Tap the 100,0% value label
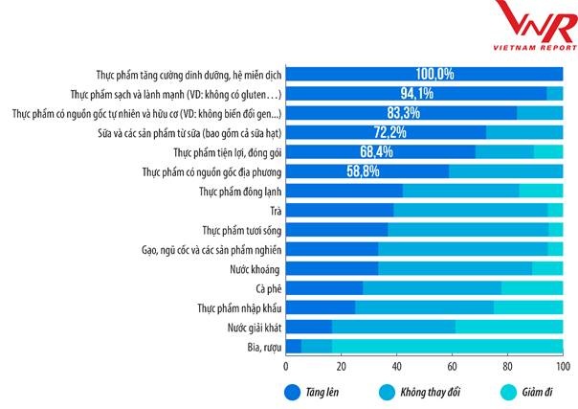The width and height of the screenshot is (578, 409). pyautogui.click(x=434, y=74)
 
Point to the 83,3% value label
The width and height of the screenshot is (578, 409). pyautogui.click(x=393, y=113)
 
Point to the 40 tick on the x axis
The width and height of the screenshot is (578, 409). pyautogui.click(x=397, y=366)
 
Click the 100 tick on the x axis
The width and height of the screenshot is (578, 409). pyautogui.click(x=563, y=366)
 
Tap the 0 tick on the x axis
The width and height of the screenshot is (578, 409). pyautogui.click(x=286, y=366)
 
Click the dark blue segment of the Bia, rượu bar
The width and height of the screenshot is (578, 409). pyautogui.click(x=294, y=347)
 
